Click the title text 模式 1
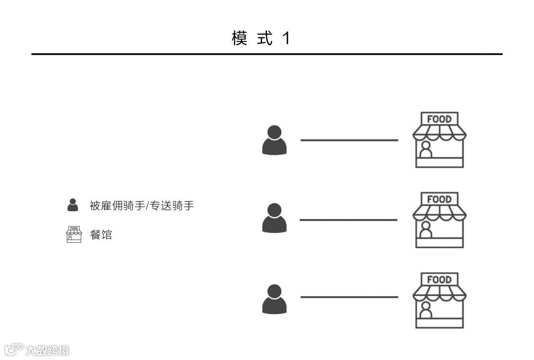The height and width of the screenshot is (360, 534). (260, 38)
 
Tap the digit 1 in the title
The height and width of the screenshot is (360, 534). (286, 38)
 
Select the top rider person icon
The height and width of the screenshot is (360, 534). (274, 140)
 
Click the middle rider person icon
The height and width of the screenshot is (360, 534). (274, 218)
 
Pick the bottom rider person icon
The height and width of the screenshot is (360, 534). (274, 299)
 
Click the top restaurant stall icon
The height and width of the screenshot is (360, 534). (439, 140)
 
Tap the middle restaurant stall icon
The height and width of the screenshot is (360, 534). (439, 221)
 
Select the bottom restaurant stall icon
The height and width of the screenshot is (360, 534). (439, 301)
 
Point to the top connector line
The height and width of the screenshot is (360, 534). (349, 140)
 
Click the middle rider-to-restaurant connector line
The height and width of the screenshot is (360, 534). (349, 220)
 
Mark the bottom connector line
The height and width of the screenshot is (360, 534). (349, 297)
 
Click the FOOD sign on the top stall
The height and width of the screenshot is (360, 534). (439, 119)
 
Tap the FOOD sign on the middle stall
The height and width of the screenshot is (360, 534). (439, 199)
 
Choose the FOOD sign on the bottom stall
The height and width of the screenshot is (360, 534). (439, 280)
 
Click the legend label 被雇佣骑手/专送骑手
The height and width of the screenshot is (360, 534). (141, 206)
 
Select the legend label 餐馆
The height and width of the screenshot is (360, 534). (101, 235)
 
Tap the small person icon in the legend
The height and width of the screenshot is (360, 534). (73, 205)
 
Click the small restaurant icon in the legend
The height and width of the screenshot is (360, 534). (74, 234)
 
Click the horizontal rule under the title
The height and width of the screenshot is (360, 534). (267, 54)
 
